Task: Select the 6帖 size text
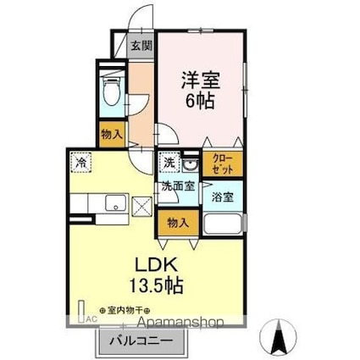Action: click(x=199, y=100)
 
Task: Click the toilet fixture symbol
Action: click(x=112, y=92)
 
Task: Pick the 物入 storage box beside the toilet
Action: click(x=112, y=134)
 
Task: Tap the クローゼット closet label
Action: click(x=222, y=163)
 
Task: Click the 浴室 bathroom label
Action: click(x=224, y=194)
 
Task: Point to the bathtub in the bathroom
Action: click(x=224, y=224)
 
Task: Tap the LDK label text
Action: click(x=153, y=264)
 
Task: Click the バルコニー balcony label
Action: click(x=140, y=341)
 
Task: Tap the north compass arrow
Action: click(x=279, y=337)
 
